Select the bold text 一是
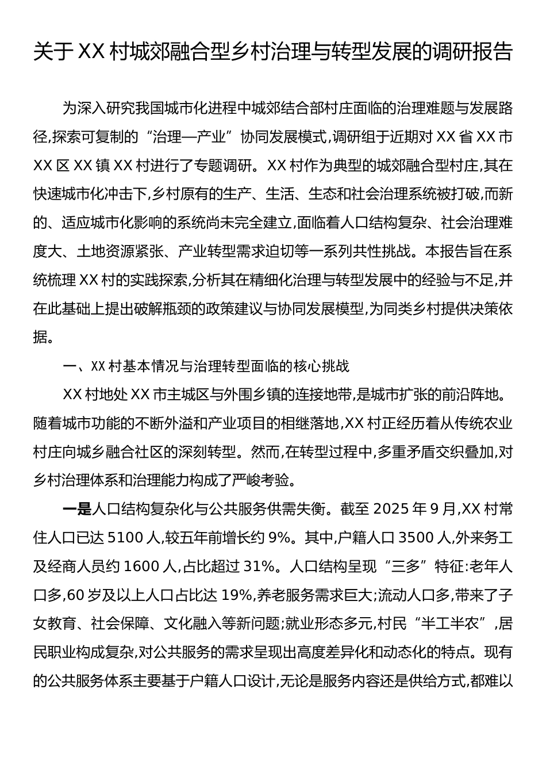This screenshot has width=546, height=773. tap(76, 508)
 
